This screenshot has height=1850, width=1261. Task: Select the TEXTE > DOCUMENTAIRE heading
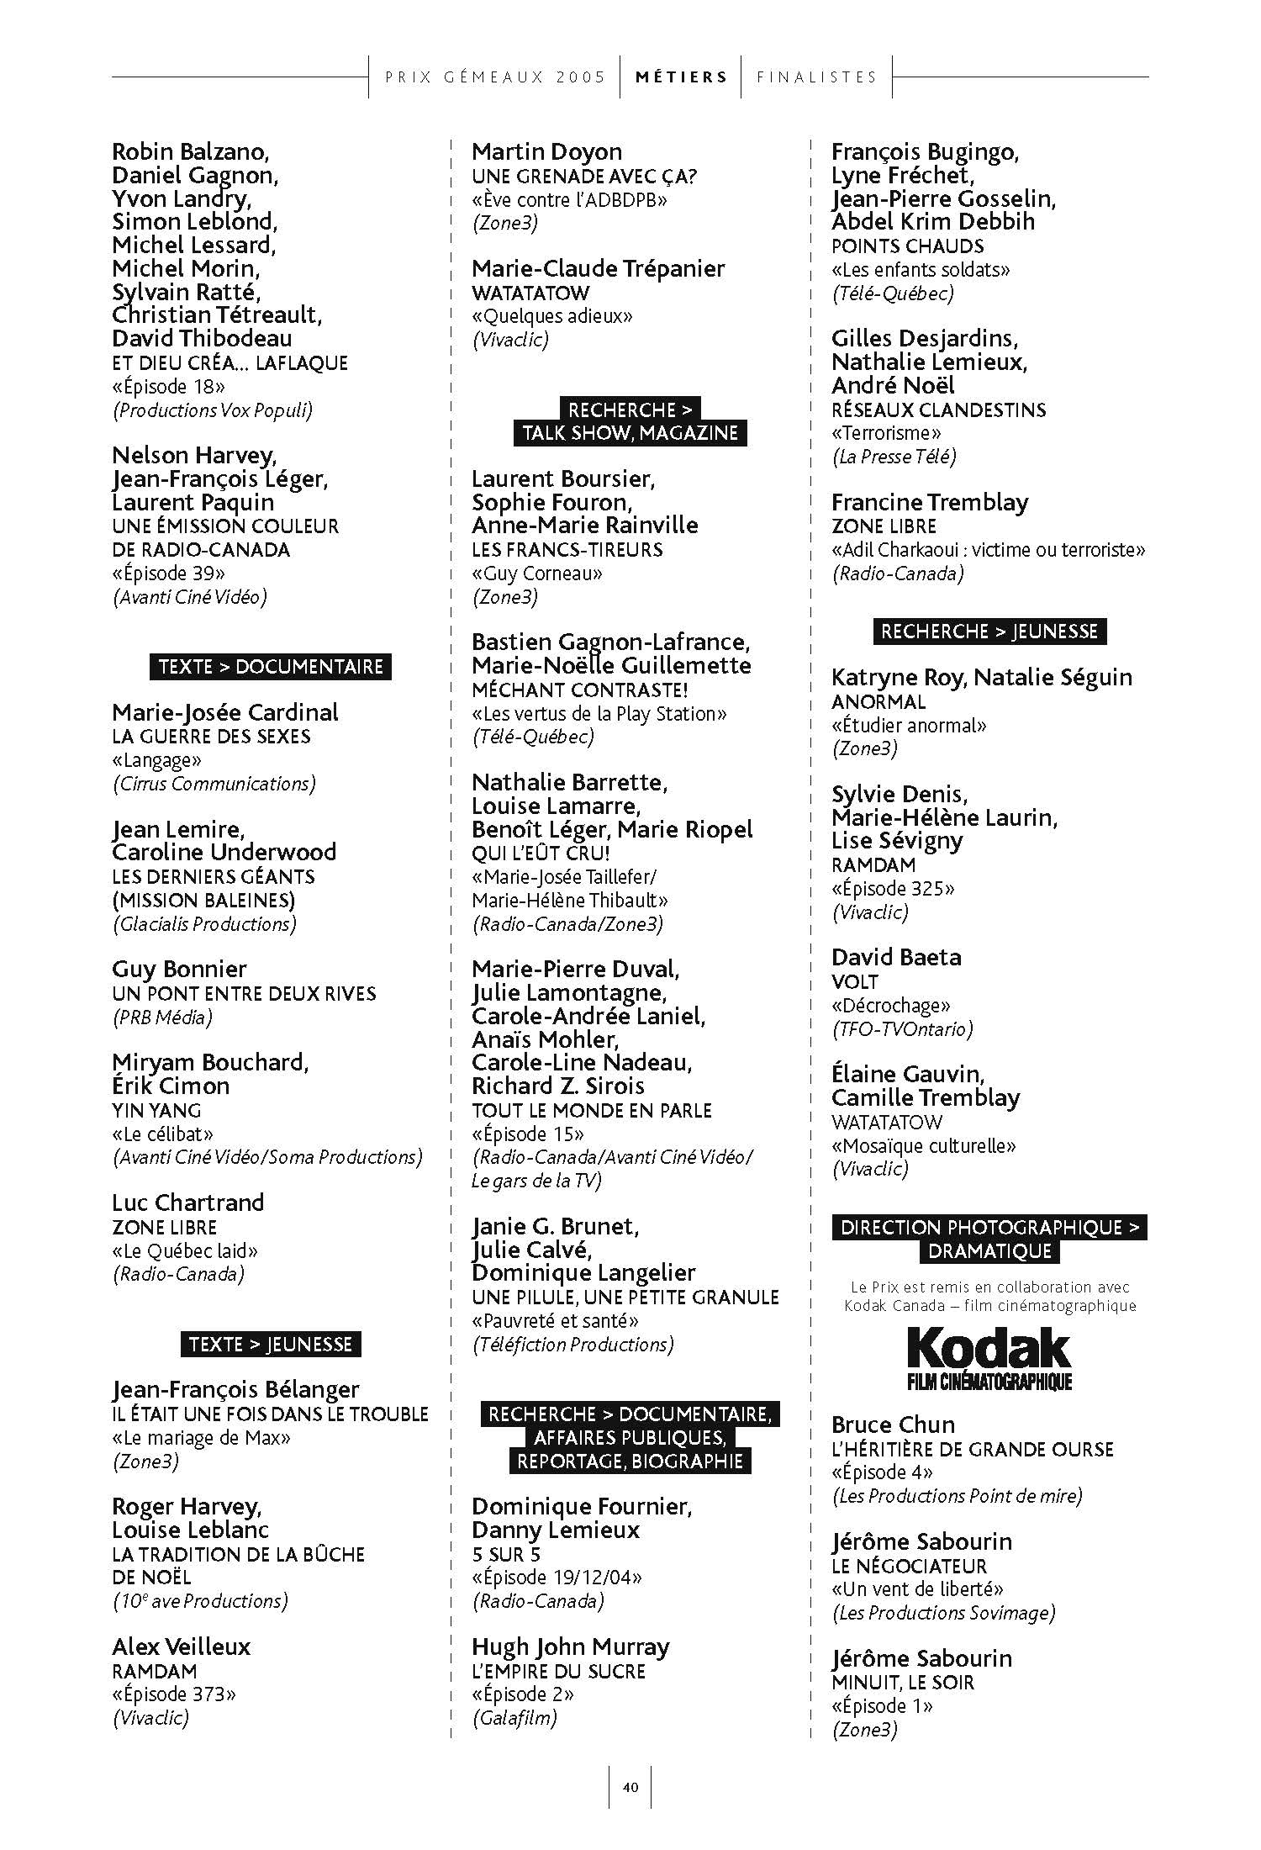click(270, 667)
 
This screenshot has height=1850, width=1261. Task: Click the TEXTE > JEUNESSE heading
click(270, 1344)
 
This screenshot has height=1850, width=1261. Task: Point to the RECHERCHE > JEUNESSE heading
click(989, 632)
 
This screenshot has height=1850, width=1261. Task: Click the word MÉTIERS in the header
click(681, 77)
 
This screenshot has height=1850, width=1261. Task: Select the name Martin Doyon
click(546, 152)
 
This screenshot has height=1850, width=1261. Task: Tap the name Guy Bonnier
click(179, 969)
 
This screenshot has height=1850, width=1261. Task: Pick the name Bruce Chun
click(893, 1424)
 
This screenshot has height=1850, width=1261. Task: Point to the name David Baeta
click(896, 957)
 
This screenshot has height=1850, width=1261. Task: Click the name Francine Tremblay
click(930, 502)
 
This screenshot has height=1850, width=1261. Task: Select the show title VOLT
click(855, 982)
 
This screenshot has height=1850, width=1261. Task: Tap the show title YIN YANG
click(156, 1110)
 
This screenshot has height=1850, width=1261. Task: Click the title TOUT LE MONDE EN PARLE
click(591, 1110)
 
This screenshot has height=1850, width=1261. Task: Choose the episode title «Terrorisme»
click(886, 433)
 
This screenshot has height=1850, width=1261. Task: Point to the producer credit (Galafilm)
click(514, 1717)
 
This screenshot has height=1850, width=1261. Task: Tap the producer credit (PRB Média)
click(162, 1017)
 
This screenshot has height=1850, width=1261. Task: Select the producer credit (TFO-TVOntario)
click(902, 1028)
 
